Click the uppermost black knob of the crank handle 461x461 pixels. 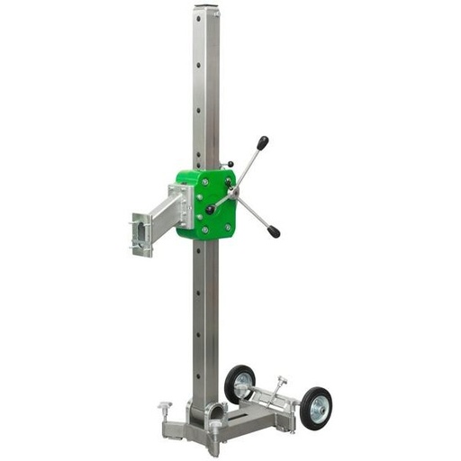[x=262, y=142]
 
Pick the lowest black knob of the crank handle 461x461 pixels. [x=273, y=232]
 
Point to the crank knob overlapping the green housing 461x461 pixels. [x=210, y=210]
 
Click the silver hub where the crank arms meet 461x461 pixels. [x=234, y=192]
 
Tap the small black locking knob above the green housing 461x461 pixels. [x=230, y=165]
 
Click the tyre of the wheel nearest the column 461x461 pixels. [x=240, y=384]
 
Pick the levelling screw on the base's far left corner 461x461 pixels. [x=165, y=411]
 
